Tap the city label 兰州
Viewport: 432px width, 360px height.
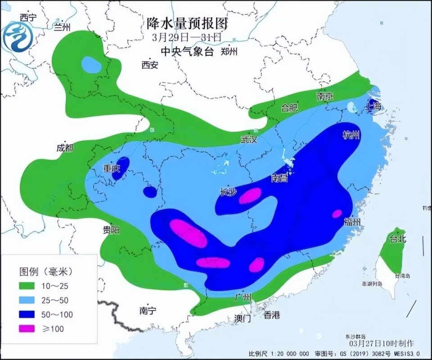(x=62, y=27)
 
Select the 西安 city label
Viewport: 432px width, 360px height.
(x=150, y=65)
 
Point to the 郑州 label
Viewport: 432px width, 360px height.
(x=229, y=51)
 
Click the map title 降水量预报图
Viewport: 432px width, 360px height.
(x=188, y=23)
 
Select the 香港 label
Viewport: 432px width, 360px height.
(x=272, y=315)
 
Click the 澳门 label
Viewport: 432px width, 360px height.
(x=243, y=319)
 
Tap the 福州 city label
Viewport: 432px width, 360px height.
(x=351, y=221)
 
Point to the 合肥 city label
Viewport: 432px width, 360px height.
(x=290, y=108)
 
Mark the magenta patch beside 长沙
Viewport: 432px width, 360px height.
(x=250, y=196)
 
